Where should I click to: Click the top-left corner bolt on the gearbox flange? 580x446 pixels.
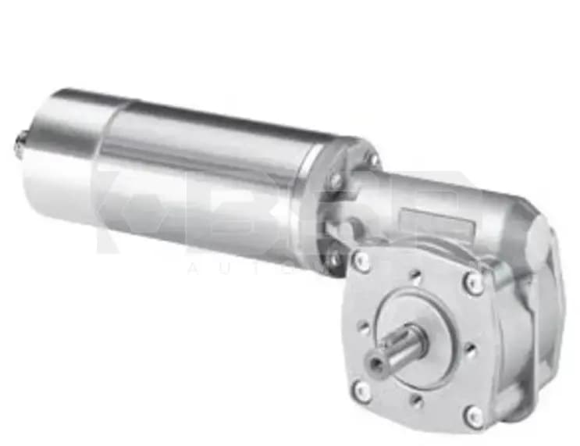[x=361, y=262]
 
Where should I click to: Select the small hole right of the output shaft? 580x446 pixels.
[x=471, y=349]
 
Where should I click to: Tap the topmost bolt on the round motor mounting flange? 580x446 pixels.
[x=374, y=159]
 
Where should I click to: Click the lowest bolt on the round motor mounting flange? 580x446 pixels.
[x=335, y=257]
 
